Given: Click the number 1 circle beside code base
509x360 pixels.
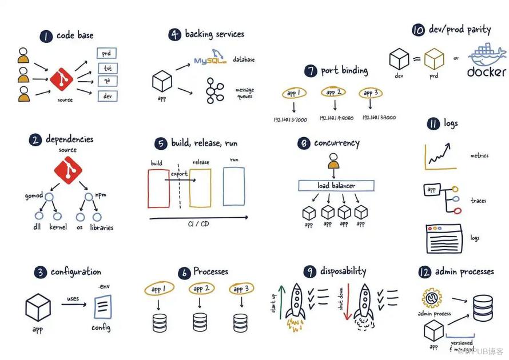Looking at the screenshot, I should (46, 36).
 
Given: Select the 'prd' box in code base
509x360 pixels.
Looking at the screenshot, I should (106, 54).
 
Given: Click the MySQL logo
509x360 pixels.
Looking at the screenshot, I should (209, 59).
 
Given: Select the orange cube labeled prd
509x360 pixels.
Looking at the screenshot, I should (434, 59).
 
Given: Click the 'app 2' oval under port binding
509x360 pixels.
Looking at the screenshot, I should (333, 92).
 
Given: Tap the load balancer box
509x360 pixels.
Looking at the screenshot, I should (336, 185).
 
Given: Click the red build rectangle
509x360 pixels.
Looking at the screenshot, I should (159, 187).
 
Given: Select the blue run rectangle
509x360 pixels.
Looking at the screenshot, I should (234, 186).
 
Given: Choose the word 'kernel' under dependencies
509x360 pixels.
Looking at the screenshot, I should (58, 227).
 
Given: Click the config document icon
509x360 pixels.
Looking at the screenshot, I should (102, 309).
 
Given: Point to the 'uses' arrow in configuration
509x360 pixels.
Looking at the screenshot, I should (74, 304).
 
